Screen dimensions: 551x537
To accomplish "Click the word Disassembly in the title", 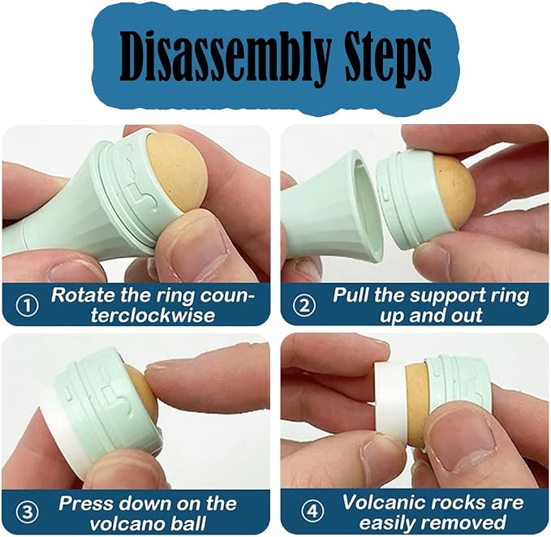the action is tap(226, 58).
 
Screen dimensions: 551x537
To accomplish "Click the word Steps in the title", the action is tap(388, 58).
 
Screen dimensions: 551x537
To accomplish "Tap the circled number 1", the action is tap(28, 306).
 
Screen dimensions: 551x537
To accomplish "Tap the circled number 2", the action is tap(304, 305).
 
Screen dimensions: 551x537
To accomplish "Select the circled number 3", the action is tap(28, 513).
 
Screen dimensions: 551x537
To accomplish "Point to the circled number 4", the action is tap(312, 511).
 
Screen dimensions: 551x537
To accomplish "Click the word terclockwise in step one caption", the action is tap(153, 315).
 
